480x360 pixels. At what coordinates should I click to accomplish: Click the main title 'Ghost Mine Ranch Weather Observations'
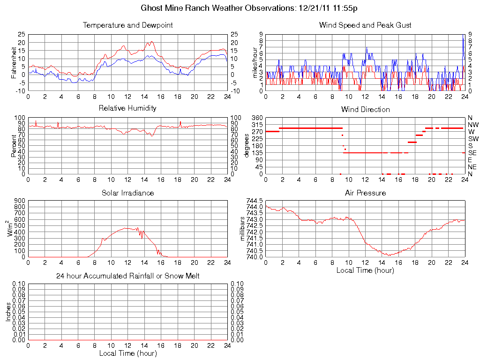point(218,8)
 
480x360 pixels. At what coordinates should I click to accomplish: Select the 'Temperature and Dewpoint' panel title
point(127,25)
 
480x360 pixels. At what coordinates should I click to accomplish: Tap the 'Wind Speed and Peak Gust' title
point(365,25)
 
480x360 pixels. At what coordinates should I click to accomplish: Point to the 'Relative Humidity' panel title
point(127,108)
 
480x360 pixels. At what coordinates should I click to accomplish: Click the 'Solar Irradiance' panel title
point(127,193)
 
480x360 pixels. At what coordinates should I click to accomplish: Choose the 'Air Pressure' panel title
point(365,193)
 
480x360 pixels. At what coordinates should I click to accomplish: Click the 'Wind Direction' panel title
point(365,109)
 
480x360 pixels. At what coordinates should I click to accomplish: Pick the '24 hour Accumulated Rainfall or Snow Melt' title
point(127,276)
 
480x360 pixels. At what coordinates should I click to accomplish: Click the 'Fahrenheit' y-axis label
point(14,63)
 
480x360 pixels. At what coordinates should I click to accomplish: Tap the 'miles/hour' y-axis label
point(255,63)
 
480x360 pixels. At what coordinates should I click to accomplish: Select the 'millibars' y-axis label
point(243,228)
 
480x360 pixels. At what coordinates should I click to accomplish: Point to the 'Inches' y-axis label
point(8,312)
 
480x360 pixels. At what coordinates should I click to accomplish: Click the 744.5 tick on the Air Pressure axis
point(255,201)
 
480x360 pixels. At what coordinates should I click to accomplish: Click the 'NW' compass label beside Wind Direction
point(472,125)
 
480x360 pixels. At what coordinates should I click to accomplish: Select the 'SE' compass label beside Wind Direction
point(472,153)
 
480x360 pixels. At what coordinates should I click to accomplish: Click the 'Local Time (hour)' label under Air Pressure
point(365,270)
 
